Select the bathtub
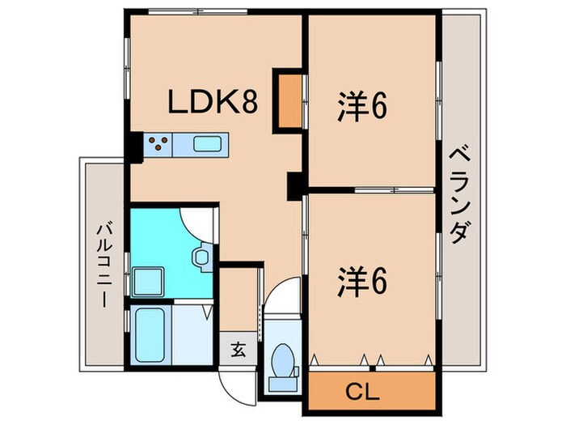click(x=150, y=335)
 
